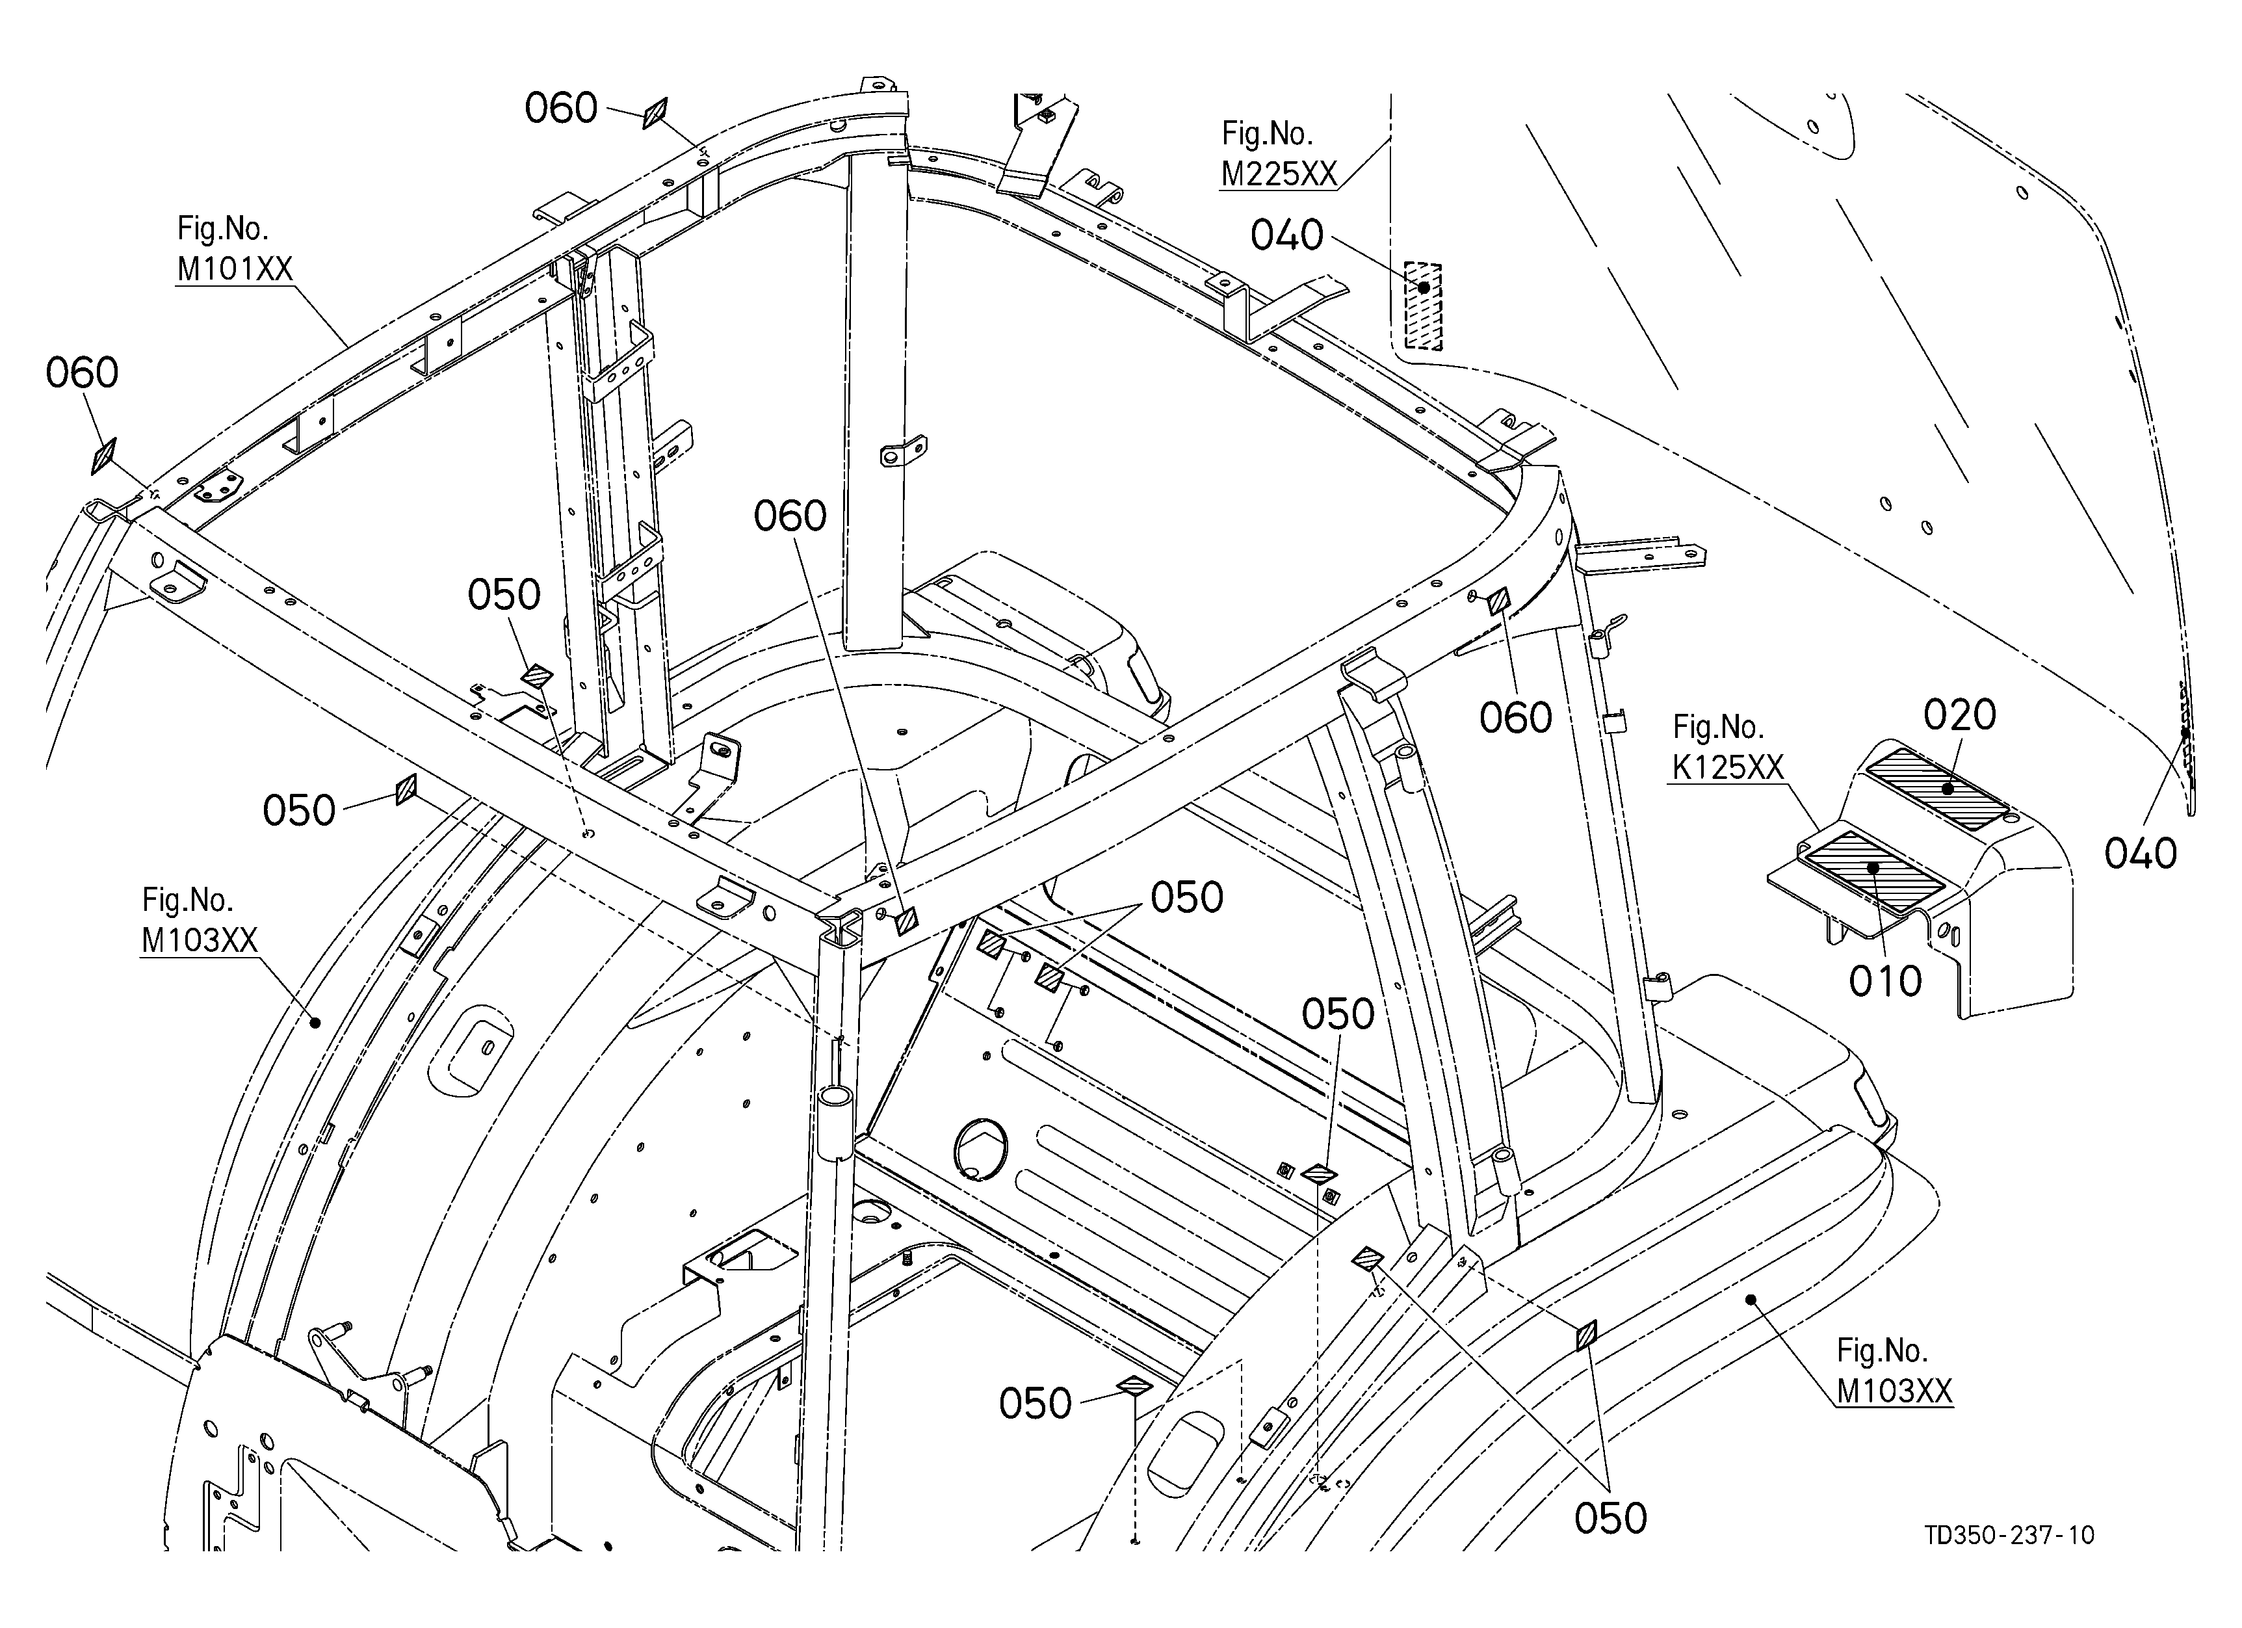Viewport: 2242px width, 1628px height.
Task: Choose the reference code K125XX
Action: click(x=1728, y=768)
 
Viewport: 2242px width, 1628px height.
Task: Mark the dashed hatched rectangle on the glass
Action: click(x=1424, y=306)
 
